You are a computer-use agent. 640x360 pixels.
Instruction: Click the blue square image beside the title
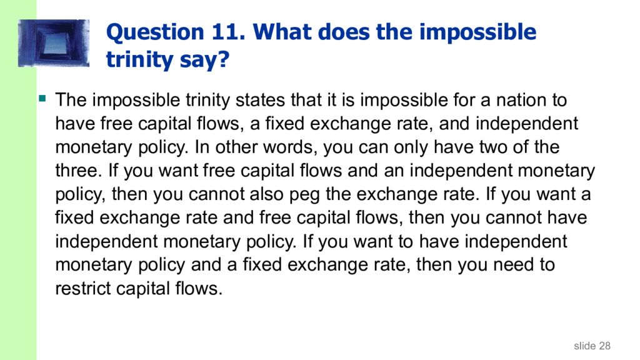(x=54, y=43)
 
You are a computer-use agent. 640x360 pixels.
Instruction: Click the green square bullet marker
(x=43, y=98)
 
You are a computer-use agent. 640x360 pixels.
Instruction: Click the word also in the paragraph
(x=265, y=194)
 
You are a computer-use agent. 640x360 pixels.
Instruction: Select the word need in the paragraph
(x=512, y=265)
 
